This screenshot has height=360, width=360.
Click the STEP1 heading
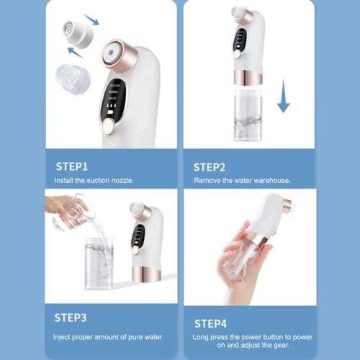(x=72, y=166)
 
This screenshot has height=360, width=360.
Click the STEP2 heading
(x=210, y=166)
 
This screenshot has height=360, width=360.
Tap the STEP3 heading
(x=72, y=316)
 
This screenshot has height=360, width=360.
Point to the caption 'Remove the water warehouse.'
(x=241, y=180)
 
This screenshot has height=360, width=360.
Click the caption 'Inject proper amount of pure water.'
(x=108, y=336)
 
